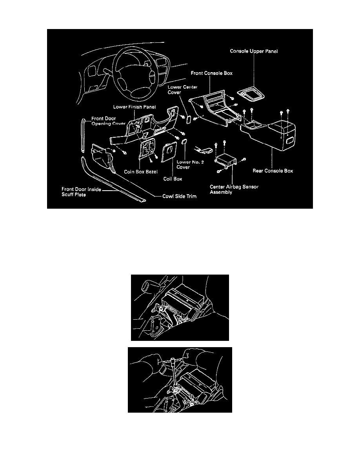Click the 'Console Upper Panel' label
[254, 51]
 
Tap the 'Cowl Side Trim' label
[180, 197]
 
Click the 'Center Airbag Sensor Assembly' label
[234, 189]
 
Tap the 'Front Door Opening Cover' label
[110, 120]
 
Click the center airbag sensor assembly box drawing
[224, 161]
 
